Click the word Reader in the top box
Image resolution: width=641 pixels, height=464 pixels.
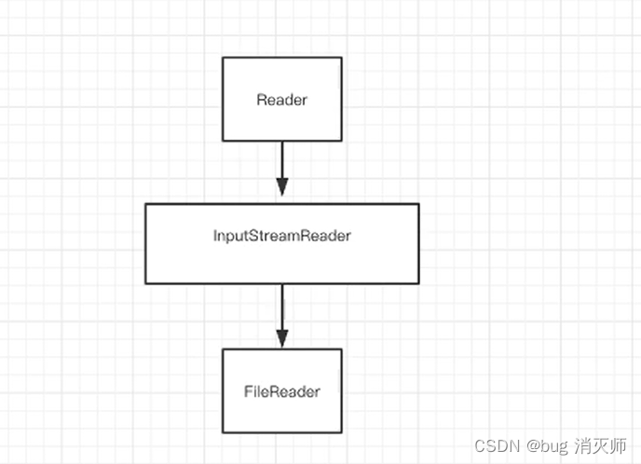(x=281, y=100)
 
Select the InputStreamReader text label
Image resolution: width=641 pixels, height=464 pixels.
(x=281, y=236)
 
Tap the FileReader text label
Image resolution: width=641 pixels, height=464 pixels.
(x=281, y=391)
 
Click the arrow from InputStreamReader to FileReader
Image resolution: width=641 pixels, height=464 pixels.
(x=281, y=312)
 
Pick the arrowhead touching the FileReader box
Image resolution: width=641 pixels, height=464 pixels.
(x=281, y=339)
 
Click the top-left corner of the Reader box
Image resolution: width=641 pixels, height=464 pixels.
(x=223, y=58)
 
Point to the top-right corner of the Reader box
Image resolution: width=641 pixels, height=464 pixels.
(x=341, y=58)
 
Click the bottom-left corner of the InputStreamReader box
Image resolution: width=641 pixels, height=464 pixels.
(x=145, y=283)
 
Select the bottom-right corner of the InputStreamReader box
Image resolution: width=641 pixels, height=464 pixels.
(x=418, y=283)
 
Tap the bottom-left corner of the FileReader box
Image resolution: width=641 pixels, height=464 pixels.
(x=223, y=433)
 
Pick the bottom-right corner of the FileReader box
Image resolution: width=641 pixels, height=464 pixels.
(x=341, y=433)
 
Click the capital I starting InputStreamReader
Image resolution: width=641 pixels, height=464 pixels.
(x=215, y=236)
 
